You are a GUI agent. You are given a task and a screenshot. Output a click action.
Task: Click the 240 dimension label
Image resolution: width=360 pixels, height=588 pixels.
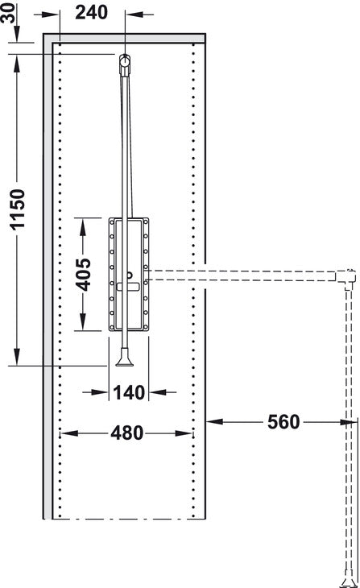[x=92, y=12]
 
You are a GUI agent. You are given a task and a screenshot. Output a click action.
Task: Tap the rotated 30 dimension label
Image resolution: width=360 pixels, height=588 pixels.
[x=8, y=13]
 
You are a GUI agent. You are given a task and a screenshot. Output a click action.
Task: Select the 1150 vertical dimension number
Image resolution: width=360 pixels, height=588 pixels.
[x=17, y=209]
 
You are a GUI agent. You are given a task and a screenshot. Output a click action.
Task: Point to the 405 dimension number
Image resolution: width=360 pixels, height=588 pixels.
[x=83, y=275]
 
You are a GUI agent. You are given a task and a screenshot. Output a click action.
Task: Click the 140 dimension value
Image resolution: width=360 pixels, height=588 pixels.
[x=129, y=392]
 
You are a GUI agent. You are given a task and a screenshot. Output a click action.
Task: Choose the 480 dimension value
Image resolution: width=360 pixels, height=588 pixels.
[x=126, y=433]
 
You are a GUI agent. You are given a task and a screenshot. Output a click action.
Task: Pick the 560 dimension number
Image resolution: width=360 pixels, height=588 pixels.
[x=283, y=422]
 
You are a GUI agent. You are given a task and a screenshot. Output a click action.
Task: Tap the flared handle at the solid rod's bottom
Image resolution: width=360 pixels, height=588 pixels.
[x=124, y=358]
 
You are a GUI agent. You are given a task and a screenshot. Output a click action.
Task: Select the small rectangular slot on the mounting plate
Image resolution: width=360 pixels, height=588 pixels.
[x=128, y=287]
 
